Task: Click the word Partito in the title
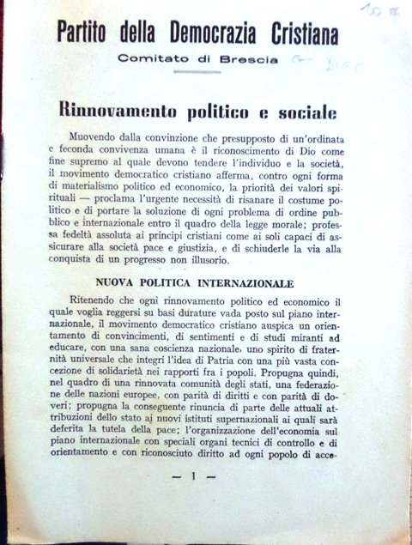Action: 88,35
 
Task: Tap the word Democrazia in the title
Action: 215,35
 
